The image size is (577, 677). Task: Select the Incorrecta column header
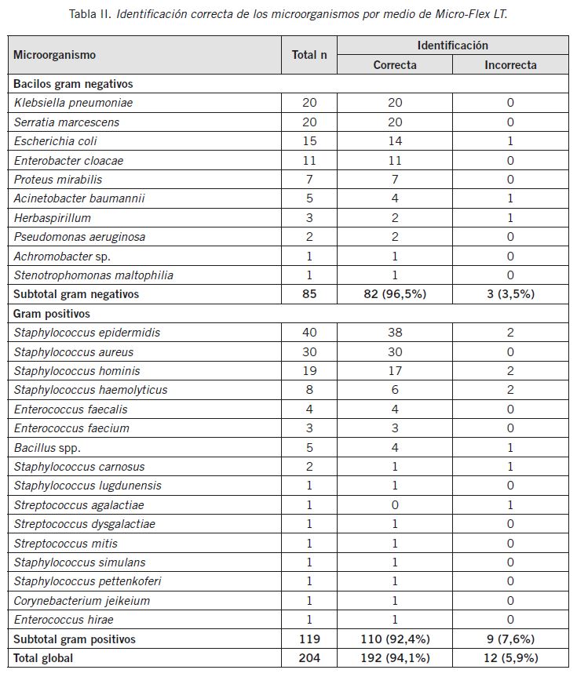[510, 65]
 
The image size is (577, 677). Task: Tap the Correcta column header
[395, 65]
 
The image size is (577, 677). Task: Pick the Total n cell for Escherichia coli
[309, 141]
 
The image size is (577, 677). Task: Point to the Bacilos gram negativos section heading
[73, 83]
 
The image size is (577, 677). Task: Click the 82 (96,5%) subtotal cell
[395, 294]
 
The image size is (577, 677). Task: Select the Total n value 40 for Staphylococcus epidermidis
[309, 333]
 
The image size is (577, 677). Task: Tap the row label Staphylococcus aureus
[74, 352]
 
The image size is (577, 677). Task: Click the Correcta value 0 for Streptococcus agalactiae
[395, 505]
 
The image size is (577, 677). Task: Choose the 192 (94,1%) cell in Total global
[395, 658]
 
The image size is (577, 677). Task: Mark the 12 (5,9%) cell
[510, 658]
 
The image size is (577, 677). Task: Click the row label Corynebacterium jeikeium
[82, 601]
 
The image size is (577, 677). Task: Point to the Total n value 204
[309, 658]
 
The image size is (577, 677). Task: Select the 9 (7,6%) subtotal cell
[510, 639]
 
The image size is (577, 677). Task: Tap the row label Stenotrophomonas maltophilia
[93, 275]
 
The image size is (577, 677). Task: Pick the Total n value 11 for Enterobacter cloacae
[309, 161]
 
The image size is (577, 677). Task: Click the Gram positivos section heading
[52, 314]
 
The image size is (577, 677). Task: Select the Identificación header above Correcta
[452, 45]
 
